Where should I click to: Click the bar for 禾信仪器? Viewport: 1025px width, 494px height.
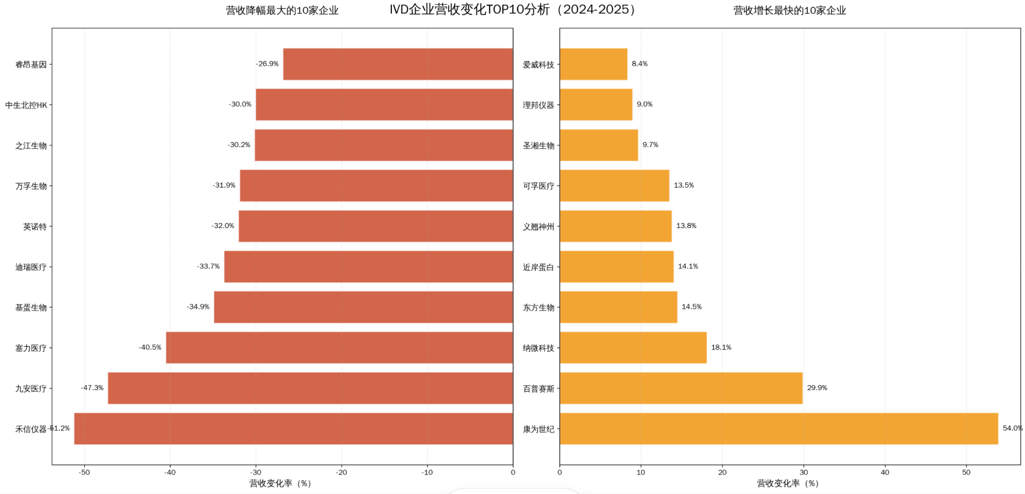tap(293, 429)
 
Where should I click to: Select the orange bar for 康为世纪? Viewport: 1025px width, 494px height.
tap(778, 429)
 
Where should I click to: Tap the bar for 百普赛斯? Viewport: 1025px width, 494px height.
tap(681, 388)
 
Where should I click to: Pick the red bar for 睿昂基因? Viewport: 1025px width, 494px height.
tap(398, 64)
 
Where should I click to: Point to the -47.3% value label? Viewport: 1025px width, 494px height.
tap(92, 388)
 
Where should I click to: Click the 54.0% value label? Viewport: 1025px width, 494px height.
tap(1012, 428)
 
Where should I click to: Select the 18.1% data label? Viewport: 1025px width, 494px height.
tap(721, 347)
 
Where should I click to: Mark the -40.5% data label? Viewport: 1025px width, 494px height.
tap(150, 347)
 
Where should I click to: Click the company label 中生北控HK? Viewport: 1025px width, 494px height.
tap(26, 105)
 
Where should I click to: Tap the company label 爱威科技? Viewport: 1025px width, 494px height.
tap(539, 65)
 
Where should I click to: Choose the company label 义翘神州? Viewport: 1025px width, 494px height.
tap(539, 227)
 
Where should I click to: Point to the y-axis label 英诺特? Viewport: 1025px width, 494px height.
tap(35, 227)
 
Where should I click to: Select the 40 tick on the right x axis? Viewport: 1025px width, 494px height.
tap(884, 472)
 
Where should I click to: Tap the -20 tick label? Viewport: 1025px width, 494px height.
tap(341, 472)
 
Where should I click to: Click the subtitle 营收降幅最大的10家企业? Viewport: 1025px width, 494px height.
tap(282, 10)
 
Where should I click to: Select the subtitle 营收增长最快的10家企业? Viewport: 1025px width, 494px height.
tap(789, 10)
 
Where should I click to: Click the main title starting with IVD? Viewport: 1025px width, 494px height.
tap(512, 10)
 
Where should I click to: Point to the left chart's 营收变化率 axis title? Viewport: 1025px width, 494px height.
tap(281, 483)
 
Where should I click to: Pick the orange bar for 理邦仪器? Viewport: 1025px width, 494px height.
tap(596, 105)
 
